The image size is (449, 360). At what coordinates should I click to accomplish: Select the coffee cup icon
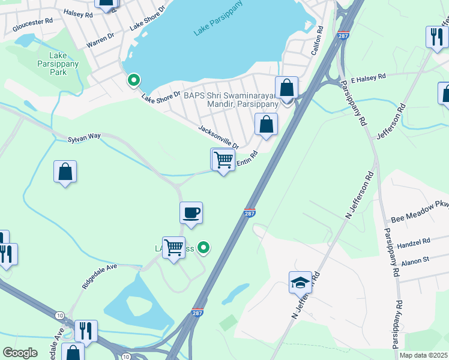click(191, 213)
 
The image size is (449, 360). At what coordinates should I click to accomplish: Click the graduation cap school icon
click(300, 282)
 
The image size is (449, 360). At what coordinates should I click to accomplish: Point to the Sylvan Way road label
click(84, 137)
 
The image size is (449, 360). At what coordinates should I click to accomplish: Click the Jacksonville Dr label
click(219, 137)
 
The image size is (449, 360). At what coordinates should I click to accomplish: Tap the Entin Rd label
click(247, 158)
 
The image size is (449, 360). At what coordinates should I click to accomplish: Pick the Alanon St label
click(418, 260)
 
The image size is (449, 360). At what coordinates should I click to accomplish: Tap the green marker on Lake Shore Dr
click(133, 80)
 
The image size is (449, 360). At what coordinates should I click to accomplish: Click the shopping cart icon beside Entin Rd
click(223, 160)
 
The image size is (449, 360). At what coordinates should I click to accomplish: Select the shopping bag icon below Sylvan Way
click(65, 172)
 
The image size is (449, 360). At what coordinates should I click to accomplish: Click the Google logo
click(20, 353)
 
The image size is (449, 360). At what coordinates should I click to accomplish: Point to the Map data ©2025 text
click(423, 355)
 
